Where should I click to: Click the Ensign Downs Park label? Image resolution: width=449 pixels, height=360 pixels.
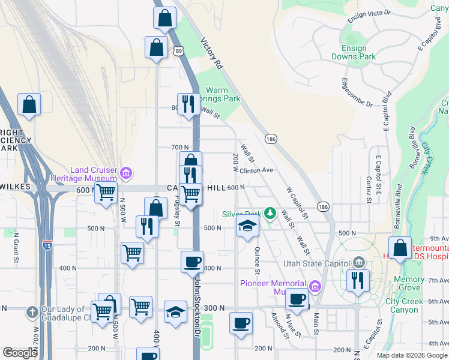tap(354, 52)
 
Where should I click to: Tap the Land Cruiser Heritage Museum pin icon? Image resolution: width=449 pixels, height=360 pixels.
tap(125, 174)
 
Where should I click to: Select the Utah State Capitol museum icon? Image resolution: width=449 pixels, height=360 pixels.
tap(359, 263)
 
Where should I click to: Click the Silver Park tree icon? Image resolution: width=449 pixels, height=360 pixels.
tap(270, 213)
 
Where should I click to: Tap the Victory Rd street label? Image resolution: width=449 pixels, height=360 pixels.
tap(212, 54)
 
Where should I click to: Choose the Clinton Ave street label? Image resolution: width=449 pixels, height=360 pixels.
tap(256, 170)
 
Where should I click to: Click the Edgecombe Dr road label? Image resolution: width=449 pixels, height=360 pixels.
tap(357, 92)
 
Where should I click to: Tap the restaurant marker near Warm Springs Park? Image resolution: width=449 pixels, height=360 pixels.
tap(190, 104)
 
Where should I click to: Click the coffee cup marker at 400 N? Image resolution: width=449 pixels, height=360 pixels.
tap(192, 262)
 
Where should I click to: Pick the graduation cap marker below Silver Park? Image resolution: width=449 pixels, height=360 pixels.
tap(246, 227)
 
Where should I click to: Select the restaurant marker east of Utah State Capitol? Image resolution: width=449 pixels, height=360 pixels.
tap(358, 280)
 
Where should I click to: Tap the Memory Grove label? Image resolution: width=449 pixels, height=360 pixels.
tap(409, 284)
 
